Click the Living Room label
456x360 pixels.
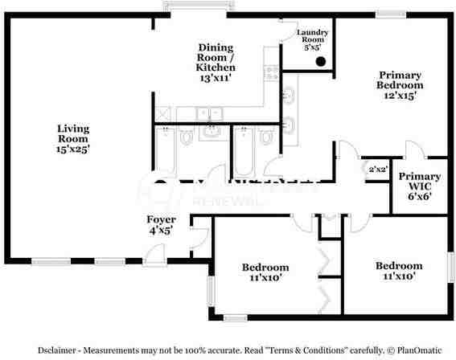(x=72, y=137)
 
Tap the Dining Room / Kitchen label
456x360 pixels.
(x=216, y=63)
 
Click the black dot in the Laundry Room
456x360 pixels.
(x=320, y=61)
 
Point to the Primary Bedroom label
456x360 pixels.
(x=401, y=84)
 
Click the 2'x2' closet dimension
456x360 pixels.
(x=378, y=170)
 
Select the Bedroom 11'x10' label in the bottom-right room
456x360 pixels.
(x=399, y=271)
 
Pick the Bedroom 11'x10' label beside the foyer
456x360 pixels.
(x=265, y=272)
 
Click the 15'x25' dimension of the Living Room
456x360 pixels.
(x=72, y=149)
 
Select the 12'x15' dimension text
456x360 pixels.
(x=401, y=96)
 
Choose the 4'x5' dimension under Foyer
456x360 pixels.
(x=161, y=231)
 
